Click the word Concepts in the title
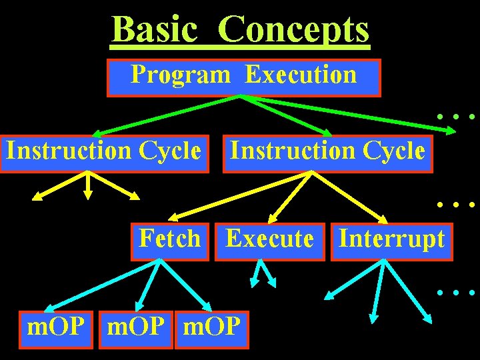tap(293, 29)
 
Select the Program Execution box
tap(243, 77)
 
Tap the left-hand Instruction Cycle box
tap(103, 153)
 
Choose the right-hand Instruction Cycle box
tap(327, 153)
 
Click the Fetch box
tap(170, 240)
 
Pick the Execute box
tap(269, 240)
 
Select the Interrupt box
tap(391, 240)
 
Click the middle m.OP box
tap(135, 329)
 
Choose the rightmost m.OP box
tap(211, 329)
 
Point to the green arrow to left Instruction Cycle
tap(167, 115)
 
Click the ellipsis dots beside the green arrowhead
tap(456, 117)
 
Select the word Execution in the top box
tap(301, 75)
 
